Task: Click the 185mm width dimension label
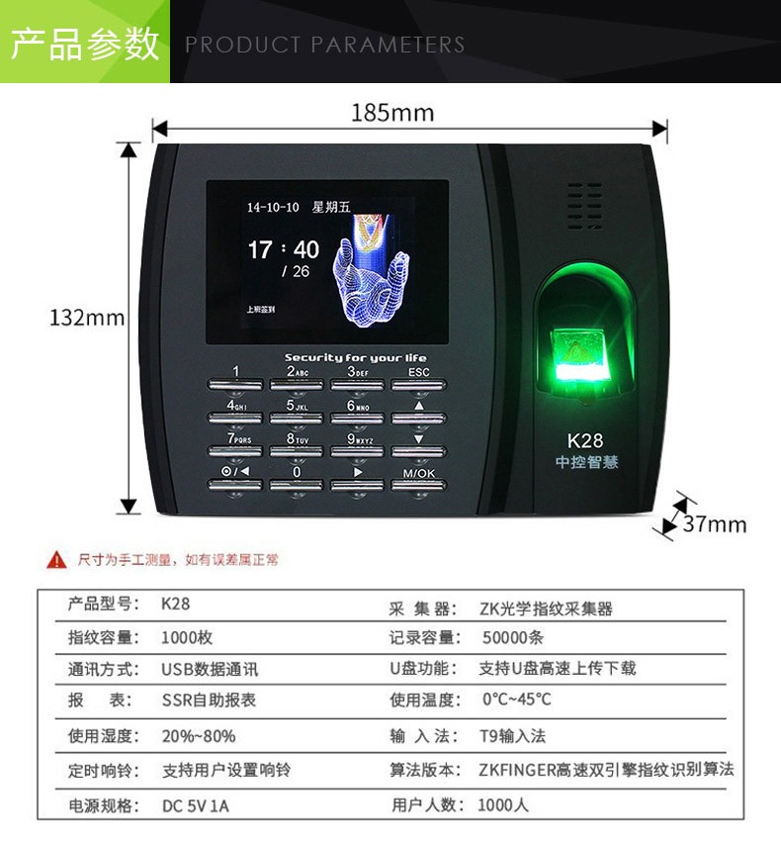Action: click(392, 113)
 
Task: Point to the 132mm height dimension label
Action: click(87, 318)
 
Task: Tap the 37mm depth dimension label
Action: click(715, 523)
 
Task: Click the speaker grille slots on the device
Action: click(585, 206)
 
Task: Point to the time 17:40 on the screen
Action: click(284, 249)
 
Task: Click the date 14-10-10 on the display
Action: click(273, 207)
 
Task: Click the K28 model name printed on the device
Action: click(585, 440)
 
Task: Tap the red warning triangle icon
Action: click(56, 559)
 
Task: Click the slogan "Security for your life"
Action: click(356, 357)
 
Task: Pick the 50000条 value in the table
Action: click(512, 637)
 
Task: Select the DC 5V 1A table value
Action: click(195, 806)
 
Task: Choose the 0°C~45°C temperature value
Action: click(516, 699)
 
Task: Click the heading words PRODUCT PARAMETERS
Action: click(324, 45)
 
